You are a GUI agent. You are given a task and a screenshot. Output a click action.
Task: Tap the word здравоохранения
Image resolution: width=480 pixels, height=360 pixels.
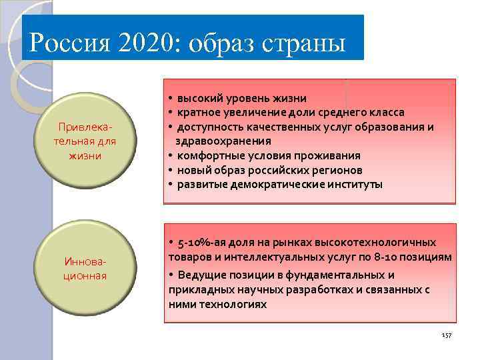coord(223,141)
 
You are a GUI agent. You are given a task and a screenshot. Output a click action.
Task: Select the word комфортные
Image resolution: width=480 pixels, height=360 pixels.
coord(206,155)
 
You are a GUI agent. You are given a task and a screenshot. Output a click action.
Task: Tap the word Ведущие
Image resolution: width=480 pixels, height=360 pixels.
coord(199,275)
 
